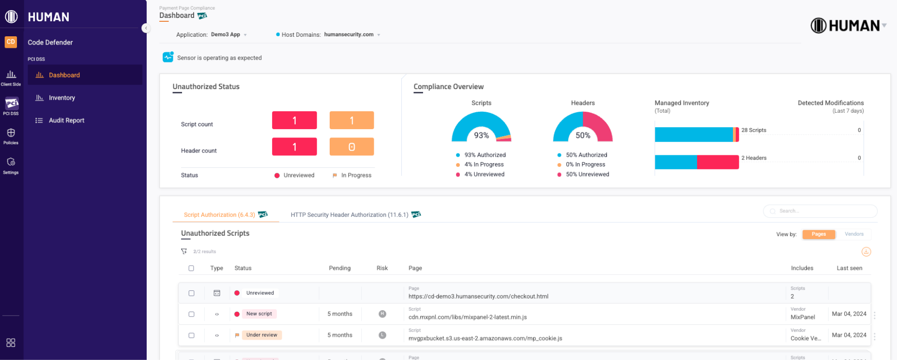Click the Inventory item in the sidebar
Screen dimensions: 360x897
pyautogui.click(x=61, y=98)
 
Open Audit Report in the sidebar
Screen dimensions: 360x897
pyautogui.click(x=66, y=120)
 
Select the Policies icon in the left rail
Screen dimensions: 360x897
pyautogui.click(x=11, y=135)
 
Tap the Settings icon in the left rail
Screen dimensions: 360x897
pyautogui.click(x=11, y=165)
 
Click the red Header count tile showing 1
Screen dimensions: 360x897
pyautogui.click(x=294, y=147)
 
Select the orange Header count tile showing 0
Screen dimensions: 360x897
pyautogui.click(x=351, y=147)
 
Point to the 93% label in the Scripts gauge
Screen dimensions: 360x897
pyautogui.click(x=481, y=135)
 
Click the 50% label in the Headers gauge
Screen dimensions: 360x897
pyautogui.click(x=583, y=135)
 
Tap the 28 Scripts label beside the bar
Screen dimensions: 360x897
pyautogui.click(x=754, y=130)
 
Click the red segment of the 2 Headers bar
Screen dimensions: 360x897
pyautogui.click(x=717, y=162)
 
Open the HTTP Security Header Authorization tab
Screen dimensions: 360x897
pyautogui.click(x=350, y=215)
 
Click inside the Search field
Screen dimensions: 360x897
pyautogui.click(x=823, y=211)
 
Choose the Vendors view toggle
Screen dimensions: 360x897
pyautogui.click(x=854, y=234)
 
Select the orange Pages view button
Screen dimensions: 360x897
pyautogui.click(x=819, y=234)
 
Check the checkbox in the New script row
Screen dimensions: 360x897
pyautogui.click(x=192, y=314)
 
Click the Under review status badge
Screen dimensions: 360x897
pyautogui.click(x=261, y=335)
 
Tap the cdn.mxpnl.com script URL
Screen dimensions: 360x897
pyautogui.click(x=468, y=317)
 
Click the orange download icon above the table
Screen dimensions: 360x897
pyautogui.click(x=866, y=252)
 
